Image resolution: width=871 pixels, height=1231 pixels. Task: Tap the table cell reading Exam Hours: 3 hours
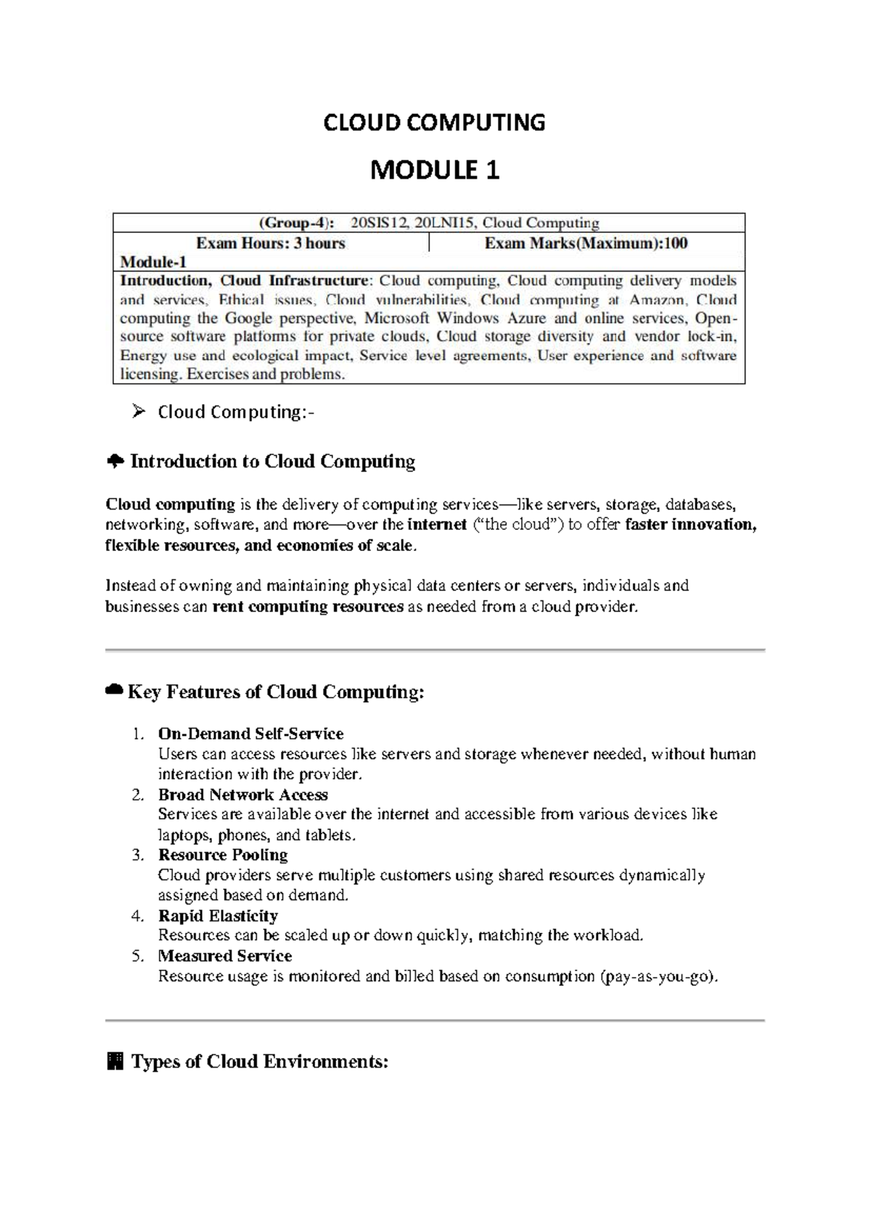[271, 243]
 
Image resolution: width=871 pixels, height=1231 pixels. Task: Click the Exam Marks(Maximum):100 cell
[586, 243]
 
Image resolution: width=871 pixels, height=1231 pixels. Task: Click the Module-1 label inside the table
[153, 262]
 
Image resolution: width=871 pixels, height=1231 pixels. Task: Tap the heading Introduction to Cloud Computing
[272, 462]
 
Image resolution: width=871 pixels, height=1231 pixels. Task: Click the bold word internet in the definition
[436, 525]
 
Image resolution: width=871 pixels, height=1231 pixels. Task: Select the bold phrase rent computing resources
[308, 606]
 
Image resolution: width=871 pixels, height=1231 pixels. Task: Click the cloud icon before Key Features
[114, 691]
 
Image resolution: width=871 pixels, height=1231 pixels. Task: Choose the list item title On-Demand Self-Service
[250, 734]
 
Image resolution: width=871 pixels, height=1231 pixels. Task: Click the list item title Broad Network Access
[242, 795]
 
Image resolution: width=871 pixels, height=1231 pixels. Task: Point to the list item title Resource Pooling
[223, 855]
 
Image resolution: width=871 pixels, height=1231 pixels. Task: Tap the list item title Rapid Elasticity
[218, 916]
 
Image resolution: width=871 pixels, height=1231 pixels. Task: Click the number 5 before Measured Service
[138, 956]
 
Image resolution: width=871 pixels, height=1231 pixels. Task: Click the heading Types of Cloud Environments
[259, 1062]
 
